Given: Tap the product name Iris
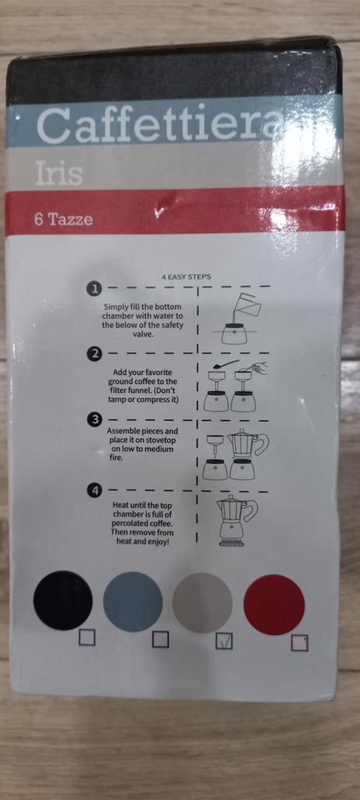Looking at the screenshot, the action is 59,173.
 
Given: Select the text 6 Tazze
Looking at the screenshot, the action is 64,220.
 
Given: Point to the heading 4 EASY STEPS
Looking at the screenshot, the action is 186,277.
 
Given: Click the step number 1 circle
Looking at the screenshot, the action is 94,289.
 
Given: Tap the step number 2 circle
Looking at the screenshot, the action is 94,354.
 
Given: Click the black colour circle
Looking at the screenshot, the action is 63,600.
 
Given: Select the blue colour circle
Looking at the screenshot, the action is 133,602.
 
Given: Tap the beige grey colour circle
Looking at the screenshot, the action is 202,603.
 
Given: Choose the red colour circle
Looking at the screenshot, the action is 274,605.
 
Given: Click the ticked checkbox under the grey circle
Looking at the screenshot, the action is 224,641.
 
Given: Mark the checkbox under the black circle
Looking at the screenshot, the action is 87,637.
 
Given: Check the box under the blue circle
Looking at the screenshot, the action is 160,639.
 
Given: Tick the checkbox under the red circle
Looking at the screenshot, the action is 299,643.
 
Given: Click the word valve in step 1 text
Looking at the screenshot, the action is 142,334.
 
